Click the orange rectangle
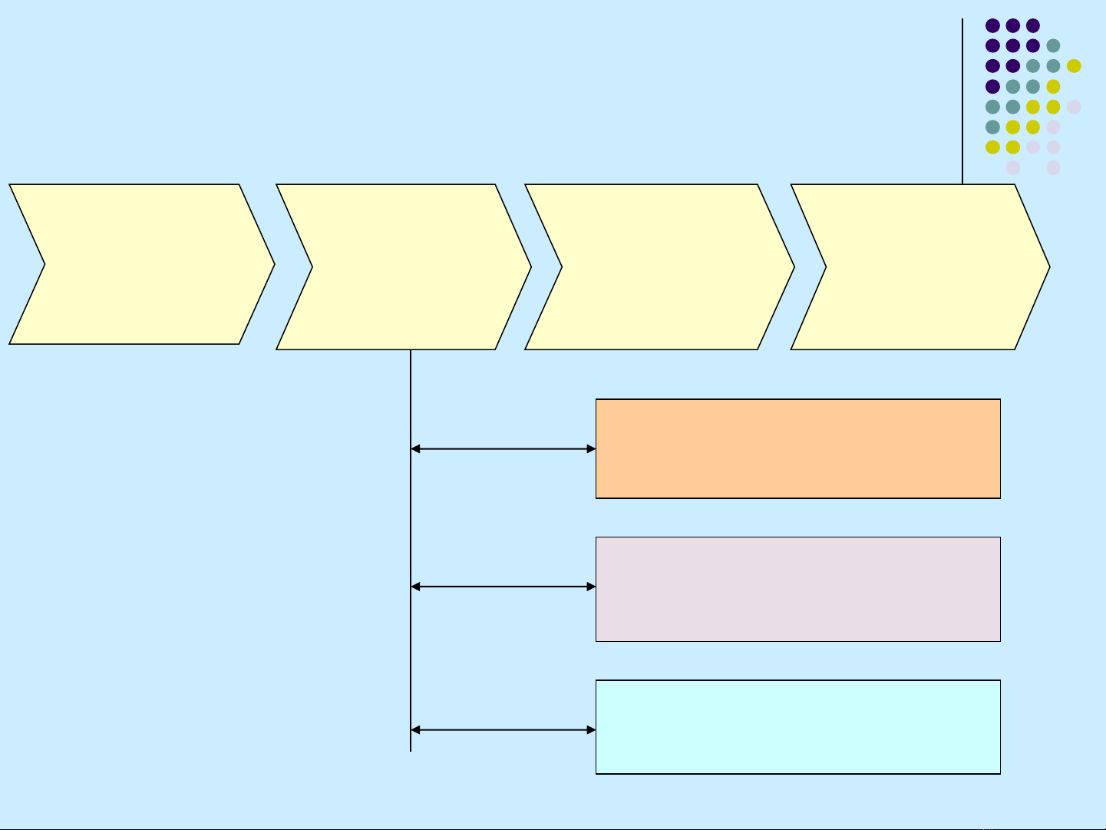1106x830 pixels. pos(798,448)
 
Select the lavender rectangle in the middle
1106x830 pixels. pos(798,589)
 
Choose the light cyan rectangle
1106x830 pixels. pos(798,726)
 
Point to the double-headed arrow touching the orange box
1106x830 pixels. pos(503,448)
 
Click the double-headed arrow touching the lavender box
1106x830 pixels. pos(503,587)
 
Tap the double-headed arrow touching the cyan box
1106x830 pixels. pos(503,729)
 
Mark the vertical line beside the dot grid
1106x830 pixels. pos(962,100)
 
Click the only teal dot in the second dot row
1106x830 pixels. pos(1053,45)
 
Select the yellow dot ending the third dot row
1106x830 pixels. pos(1074,66)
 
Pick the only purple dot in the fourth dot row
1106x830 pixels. pos(992,86)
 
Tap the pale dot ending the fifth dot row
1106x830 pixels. pos(1074,107)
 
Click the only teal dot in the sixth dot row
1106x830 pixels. pos(992,127)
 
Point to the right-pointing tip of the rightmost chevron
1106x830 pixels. pos(1048,267)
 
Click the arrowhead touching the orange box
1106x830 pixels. pos(591,448)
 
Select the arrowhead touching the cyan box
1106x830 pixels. pos(591,729)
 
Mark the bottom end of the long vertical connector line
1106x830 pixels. pos(411,749)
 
